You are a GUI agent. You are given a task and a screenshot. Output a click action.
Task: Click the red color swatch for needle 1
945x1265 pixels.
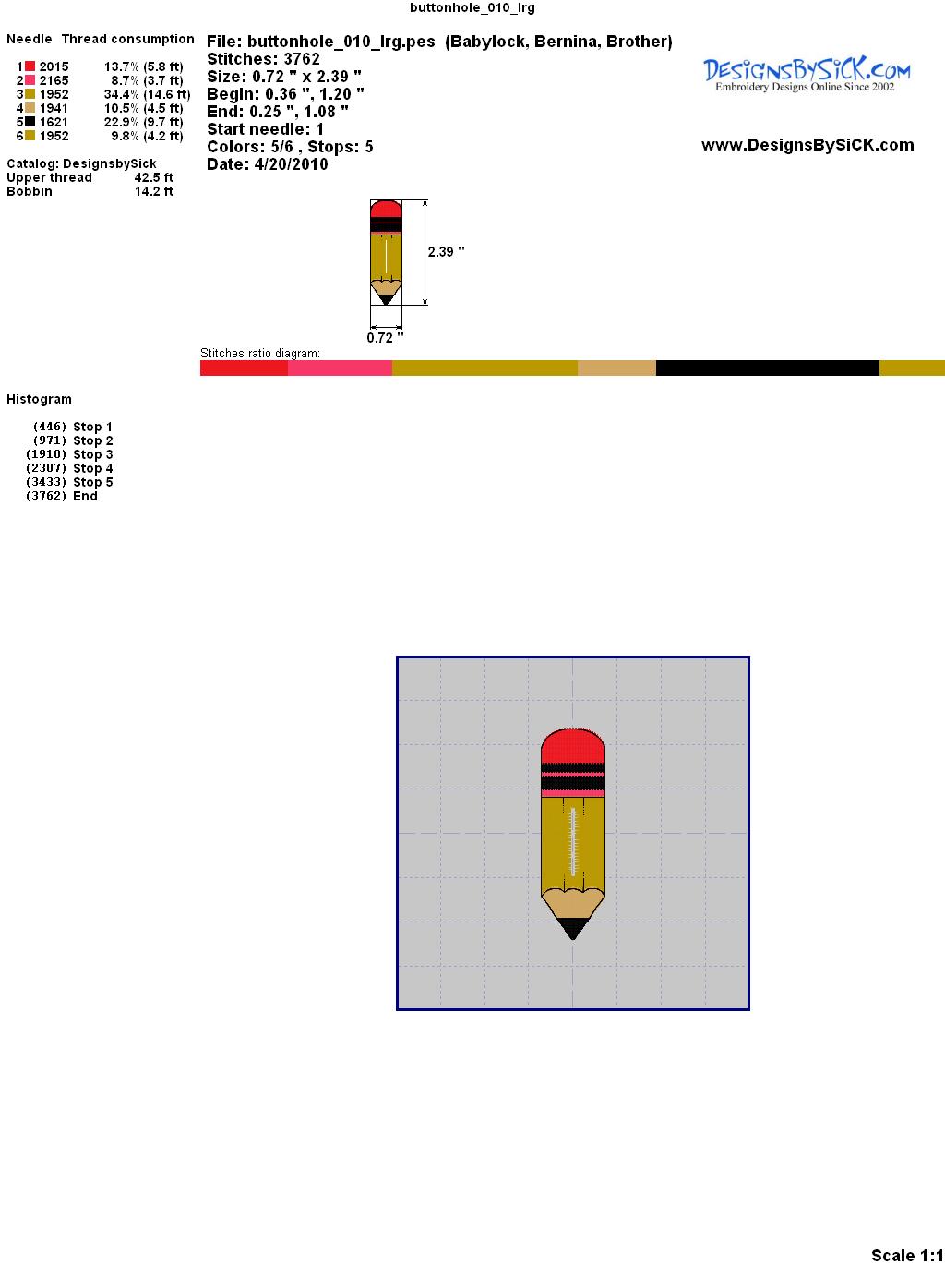click(x=30, y=66)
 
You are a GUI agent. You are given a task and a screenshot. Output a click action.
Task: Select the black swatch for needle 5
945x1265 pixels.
click(x=30, y=122)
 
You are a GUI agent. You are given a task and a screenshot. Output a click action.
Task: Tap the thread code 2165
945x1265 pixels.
click(x=54, y=80)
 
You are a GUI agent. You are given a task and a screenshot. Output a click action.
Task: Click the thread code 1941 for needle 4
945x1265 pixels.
click(x=54, y=108)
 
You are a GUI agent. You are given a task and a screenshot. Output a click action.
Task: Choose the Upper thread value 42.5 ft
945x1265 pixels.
click(x=154, y=177)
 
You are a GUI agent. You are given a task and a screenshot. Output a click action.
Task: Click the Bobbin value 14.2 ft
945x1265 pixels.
click(x=154, y=191)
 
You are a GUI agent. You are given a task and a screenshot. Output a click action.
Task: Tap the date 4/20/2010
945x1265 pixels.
click(x=292, y=164)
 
